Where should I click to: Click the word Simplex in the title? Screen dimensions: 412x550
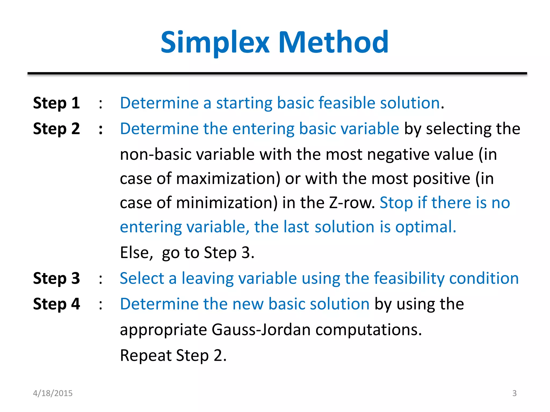tap(215, 42)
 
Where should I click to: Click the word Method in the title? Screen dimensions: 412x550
tap(333, 42)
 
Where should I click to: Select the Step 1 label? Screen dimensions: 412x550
tap(56, 103)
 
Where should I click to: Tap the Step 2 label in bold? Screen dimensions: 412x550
tap(56, 129)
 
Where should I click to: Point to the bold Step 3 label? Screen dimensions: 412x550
tap(56, 278)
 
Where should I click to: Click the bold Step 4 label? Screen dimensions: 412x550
tap(56, 304)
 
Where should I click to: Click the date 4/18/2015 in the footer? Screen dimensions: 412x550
tap(53, 393)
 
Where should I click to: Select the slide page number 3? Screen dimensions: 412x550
tap(514, 393)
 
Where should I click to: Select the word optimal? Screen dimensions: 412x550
tap(426, 227)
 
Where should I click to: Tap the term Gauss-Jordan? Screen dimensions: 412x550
tap(261, 330)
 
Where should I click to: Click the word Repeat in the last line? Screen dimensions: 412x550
tap(146, 355)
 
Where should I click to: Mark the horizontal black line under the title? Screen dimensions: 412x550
tap(277, 73)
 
